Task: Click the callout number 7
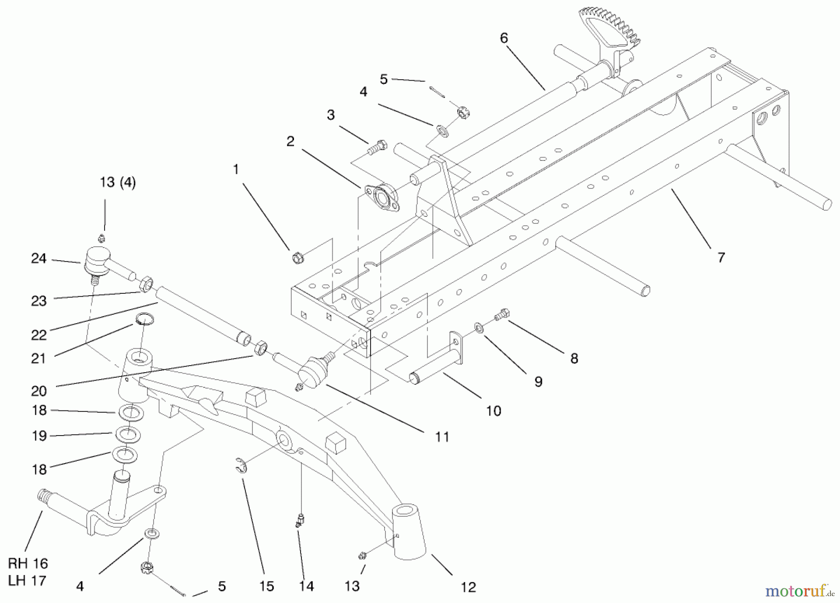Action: coord(721,257)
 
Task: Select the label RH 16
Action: coord(28,563)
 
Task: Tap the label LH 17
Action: coord(28,581)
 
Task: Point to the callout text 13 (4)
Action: coord(118,182)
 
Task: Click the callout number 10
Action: coord(493,411)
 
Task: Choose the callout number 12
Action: coord(468,587)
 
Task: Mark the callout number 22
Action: coord(39,335)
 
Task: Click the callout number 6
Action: coord(504,38)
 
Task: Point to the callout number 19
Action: coord(39,436)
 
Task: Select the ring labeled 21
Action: coord(145,319)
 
